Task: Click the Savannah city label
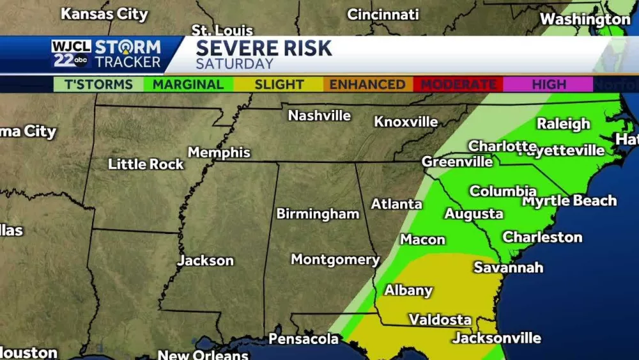coord(508,267)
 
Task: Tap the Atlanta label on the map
coord(396,204)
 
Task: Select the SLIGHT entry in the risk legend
coord(279,84)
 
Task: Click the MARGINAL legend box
coord(188,84)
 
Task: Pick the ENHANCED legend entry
coord(367,84)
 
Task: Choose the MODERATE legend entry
coord(458,84)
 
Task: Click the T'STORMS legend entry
coord(98,84)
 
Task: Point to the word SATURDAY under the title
coord(235,64)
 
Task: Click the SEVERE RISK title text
coord(264,48)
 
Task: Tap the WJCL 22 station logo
coord(71,54)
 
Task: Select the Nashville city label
coord(319,116)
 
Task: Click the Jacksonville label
coord(497,338)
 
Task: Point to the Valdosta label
coord(440,319)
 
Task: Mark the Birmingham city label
coord(318,214)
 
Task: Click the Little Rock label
coord(146,164)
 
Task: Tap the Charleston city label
coord(543,237)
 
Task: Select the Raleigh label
coord(563,124)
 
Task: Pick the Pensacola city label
coord(303,338)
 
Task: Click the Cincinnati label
coord(383,14)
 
